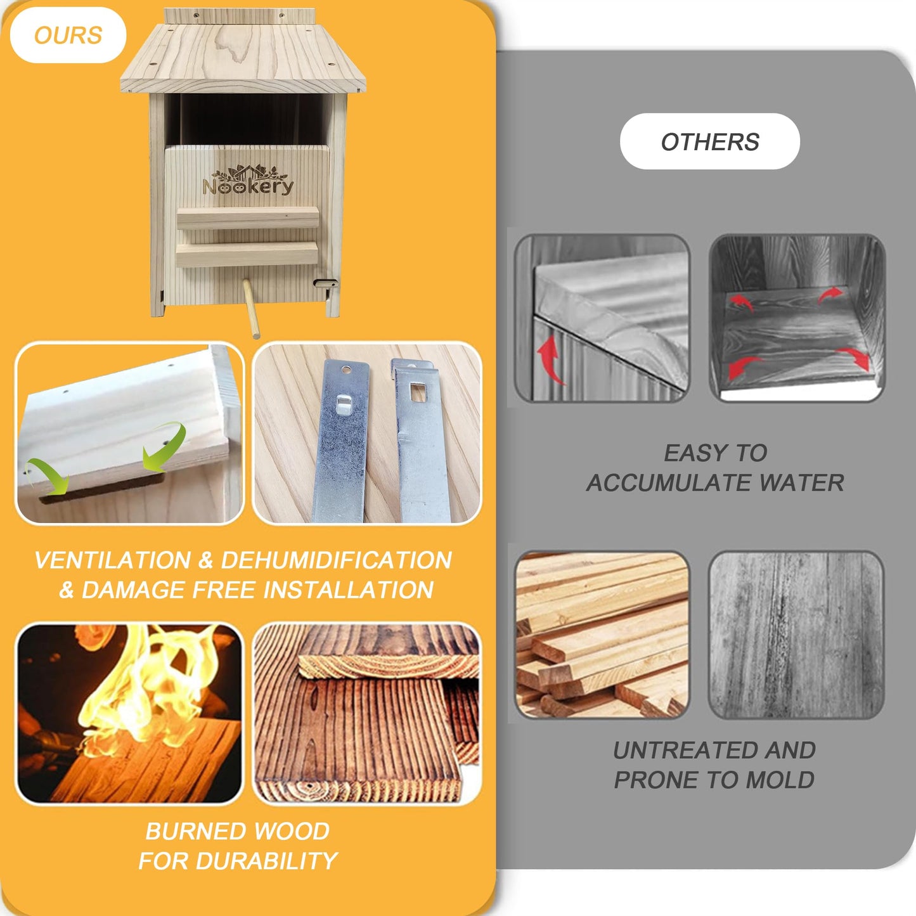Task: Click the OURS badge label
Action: coord(68,35)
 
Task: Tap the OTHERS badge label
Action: coord(710,141)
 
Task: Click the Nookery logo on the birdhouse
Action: coord(248,180)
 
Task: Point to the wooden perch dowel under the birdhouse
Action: coord(252,309)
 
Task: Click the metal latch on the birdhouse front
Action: coord(326,283)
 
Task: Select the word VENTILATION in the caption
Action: coord(113,560)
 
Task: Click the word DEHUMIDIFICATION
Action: coord(337,560)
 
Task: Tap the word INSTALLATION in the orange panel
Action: coord(348,590)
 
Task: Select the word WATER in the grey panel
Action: coord(801,482)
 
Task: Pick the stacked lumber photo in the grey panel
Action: coord(602,635)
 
